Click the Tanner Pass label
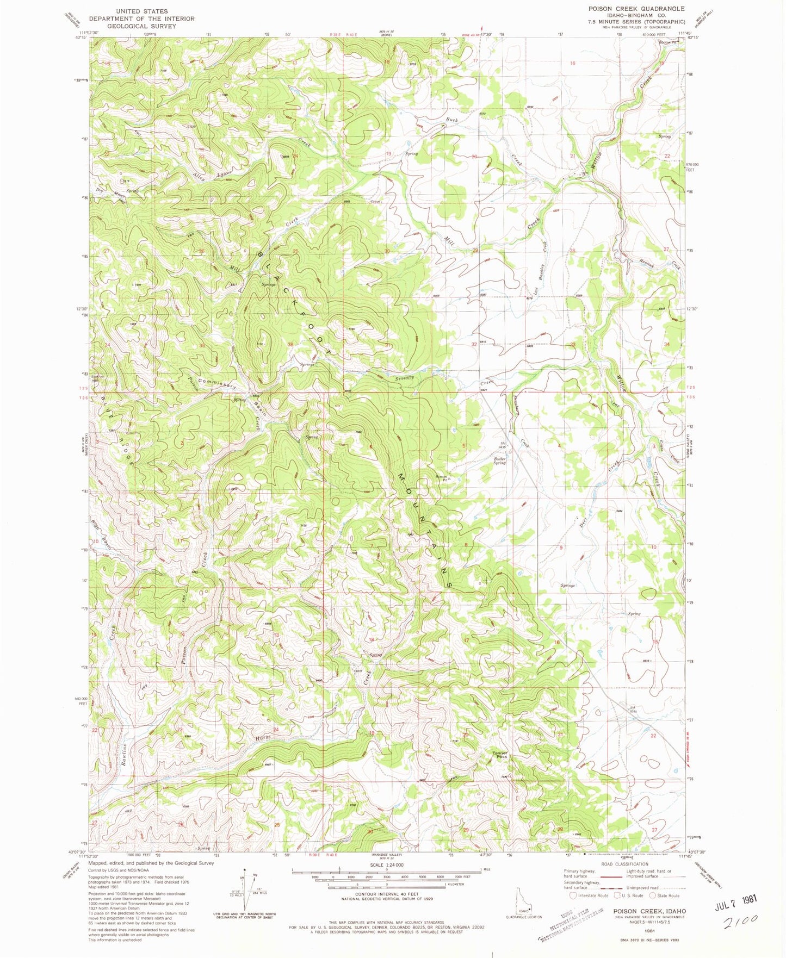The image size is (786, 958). [500, 755]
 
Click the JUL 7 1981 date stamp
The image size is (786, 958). [735, 899]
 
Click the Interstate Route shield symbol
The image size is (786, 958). [573, 895]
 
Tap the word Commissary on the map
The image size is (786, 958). [216, 383]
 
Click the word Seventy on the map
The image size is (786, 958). [405, 377]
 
